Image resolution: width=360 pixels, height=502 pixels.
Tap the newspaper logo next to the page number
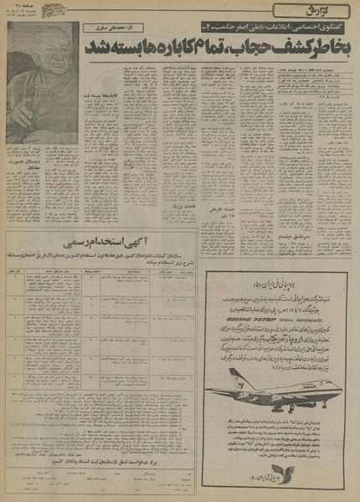(63, 9)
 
